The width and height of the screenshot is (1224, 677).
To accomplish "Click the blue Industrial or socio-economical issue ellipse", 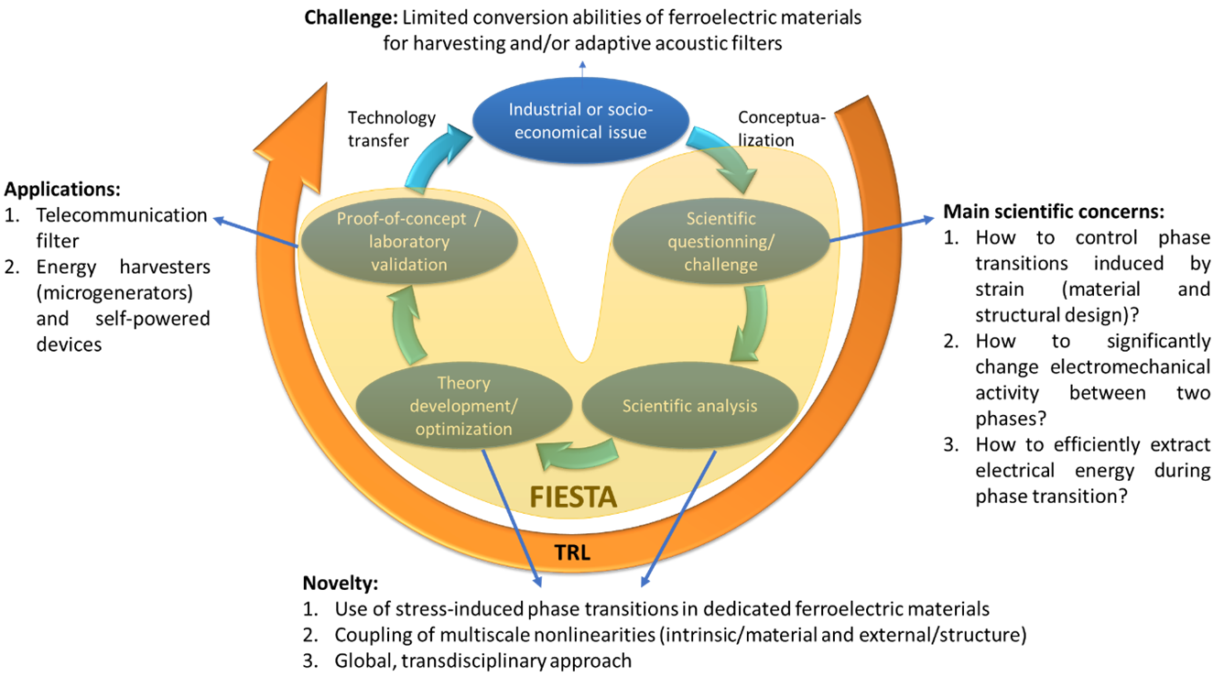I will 580,121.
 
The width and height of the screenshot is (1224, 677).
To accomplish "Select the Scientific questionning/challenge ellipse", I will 721,242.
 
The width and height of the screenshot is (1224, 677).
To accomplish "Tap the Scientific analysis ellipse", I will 690,405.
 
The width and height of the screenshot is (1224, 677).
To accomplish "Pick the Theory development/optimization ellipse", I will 463,406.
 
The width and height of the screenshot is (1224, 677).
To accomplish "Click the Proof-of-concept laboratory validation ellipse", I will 408,242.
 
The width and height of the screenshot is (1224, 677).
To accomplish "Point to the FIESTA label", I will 574,497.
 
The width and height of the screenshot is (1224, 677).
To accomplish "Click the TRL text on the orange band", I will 573,552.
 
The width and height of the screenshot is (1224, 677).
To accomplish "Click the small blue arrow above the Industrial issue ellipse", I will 582,66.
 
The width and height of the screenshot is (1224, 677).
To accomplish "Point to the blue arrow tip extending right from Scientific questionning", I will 930,219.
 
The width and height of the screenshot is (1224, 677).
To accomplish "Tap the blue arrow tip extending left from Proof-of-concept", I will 218,219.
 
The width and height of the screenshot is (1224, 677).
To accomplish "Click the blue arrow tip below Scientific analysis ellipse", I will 644,582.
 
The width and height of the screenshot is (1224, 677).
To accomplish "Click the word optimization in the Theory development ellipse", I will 463,429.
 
